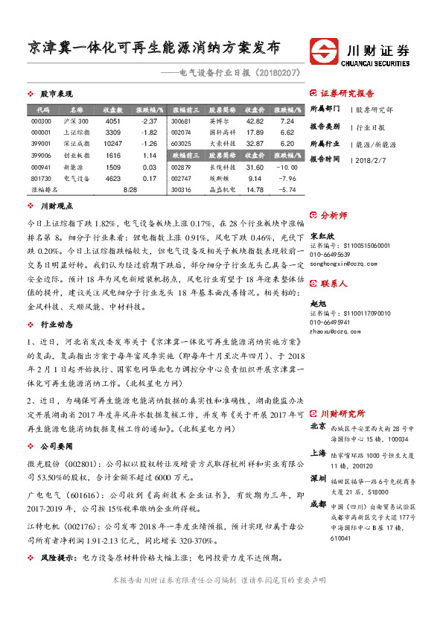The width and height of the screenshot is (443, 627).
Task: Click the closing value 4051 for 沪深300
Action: [112, 121]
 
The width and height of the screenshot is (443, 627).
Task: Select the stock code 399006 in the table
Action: [42, 155]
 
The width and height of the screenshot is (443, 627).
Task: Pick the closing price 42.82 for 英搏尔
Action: [255, 121]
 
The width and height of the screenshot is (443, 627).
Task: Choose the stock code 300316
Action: [182, 190]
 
